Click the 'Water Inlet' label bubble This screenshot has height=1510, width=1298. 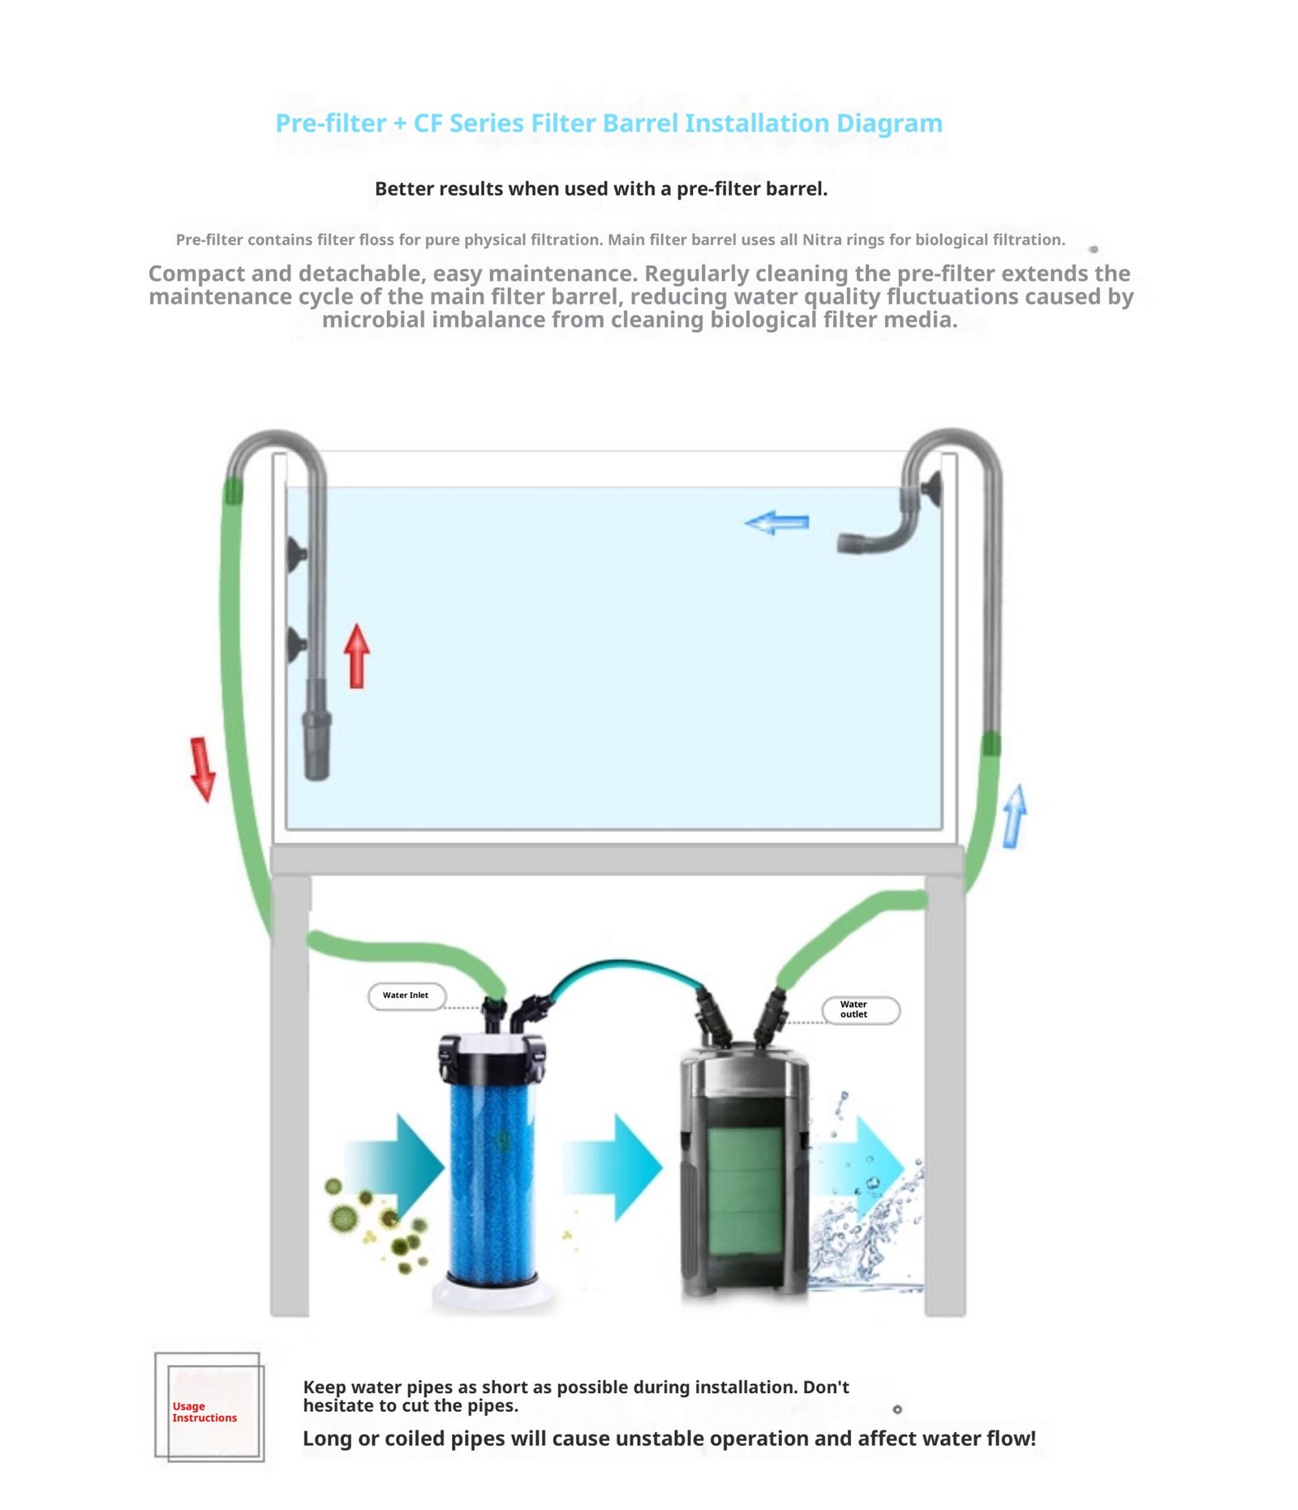406,996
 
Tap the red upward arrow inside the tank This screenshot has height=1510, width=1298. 356,656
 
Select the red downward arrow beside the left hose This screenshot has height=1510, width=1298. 202,768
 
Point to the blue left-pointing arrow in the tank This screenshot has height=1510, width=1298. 776,523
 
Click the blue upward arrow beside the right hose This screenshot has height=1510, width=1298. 1014,815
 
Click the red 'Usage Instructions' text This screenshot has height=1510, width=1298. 204,1412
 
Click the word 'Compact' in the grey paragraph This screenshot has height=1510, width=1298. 196,273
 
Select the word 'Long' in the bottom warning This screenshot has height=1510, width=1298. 327,1439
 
